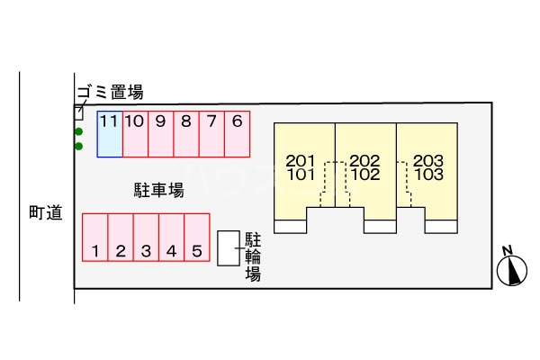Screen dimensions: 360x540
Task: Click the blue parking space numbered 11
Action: [x=110, y=133]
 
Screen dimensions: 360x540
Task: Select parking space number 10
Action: [x=135, y=133]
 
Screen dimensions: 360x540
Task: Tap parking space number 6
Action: [x=237, y=133]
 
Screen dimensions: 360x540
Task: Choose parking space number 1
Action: [x=94, y=238]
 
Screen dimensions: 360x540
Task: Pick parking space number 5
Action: [x=197, y=238]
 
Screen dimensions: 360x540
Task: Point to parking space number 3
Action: [x=146, y=238]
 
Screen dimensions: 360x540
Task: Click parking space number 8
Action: [x=185, y=133]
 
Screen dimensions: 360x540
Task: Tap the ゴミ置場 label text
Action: [x=109, y=91]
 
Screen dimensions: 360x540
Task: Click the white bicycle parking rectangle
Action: [x=229, y=247]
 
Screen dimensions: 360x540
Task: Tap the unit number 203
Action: [x=428, y=161]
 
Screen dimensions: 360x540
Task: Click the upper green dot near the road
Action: [x=79, y=131]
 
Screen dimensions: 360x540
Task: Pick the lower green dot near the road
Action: [x=79, y=146]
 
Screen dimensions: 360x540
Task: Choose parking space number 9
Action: [x=160, y=133]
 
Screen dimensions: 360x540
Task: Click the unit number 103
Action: [x=428, y=175]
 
